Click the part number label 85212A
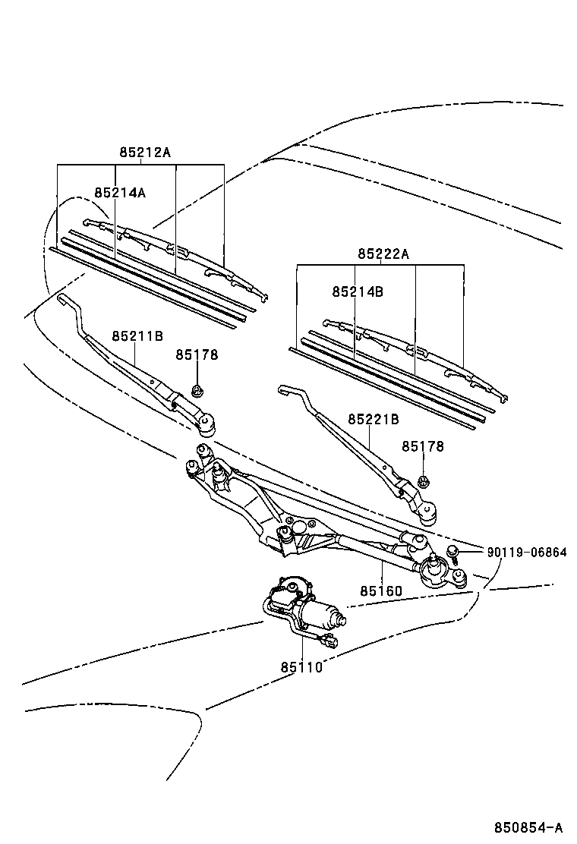point(144,152)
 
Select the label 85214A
point(120,193)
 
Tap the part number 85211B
point(137,335)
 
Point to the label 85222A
point(383,254)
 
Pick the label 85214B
point(358,291)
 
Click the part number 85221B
point(374,419)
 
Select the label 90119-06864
point(526,552)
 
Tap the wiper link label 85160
point(381,591)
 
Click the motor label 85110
point(301,667)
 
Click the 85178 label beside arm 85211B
point(197,354)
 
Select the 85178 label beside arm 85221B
point(423,447)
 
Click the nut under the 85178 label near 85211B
point(197,392)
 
